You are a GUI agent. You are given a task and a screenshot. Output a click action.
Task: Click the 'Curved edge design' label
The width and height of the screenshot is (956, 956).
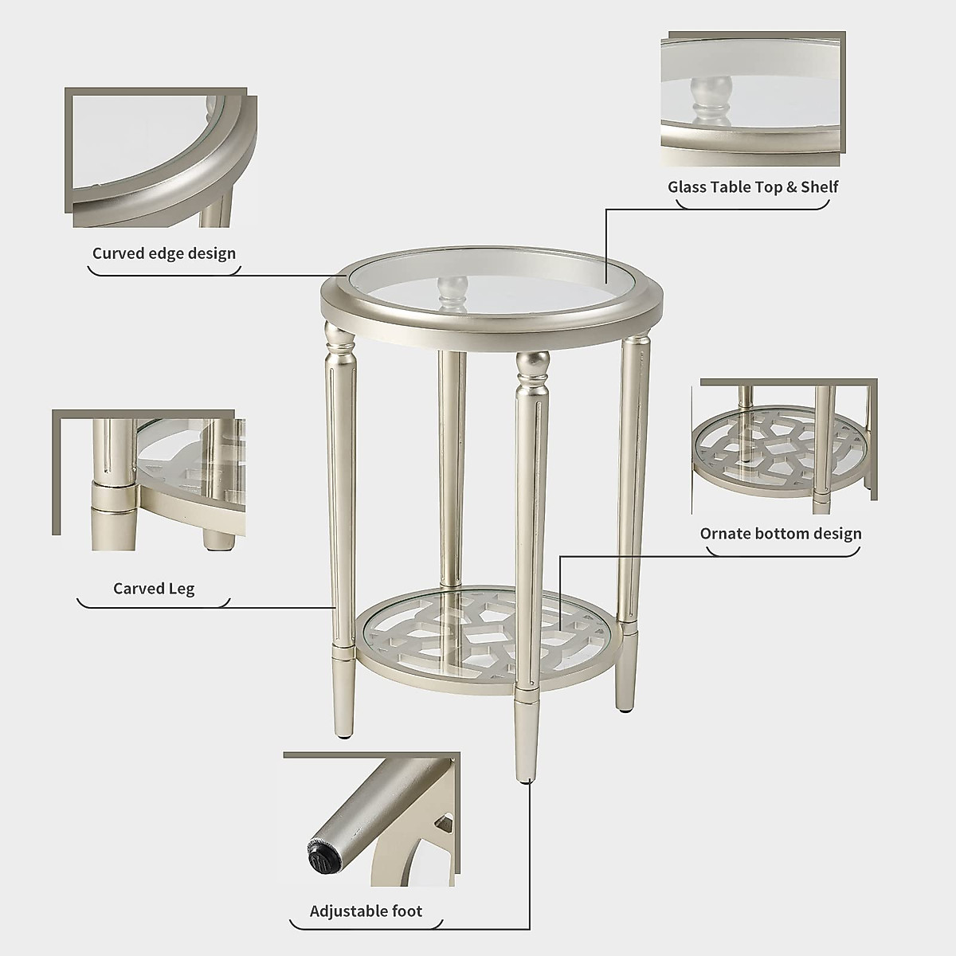pos(164,253)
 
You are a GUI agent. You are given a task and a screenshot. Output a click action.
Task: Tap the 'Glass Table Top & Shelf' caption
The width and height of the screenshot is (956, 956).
pos(753,186)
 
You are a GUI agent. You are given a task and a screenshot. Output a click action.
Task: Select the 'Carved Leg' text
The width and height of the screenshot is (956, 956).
pos(154,589)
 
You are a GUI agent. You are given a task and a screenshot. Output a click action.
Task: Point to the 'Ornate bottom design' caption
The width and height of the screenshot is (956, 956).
pos(781,533)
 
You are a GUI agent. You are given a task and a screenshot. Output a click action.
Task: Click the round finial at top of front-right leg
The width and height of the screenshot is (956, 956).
pos(531,366)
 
